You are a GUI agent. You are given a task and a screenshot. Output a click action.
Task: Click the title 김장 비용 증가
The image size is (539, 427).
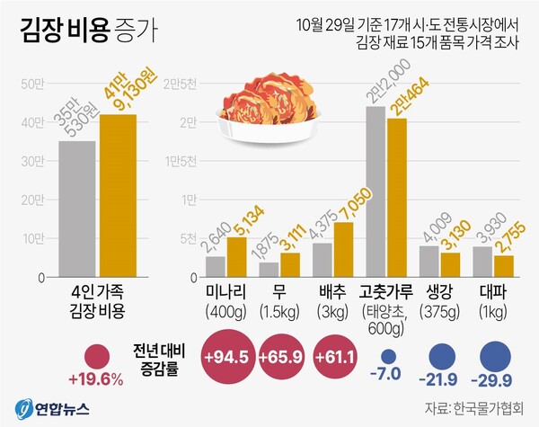pos(86,32)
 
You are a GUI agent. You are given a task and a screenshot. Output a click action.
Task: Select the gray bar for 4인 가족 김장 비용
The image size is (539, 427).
pos(77,210)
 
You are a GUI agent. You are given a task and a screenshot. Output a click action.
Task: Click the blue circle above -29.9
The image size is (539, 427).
pos(493,355)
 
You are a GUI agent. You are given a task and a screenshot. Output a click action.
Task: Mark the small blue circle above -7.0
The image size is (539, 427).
pos(387,357)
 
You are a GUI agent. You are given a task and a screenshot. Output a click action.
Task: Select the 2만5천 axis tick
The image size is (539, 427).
pos(180,85)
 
